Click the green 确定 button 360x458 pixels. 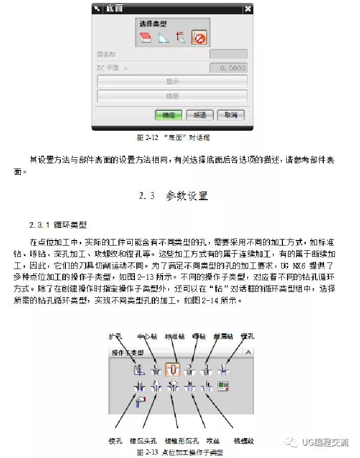tap(169, 115)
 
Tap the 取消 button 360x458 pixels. tap(231, 115)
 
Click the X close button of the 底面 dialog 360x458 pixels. tap(248, 9)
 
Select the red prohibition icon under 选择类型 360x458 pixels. tap(199, 37)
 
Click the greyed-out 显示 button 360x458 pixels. tap(172, 81)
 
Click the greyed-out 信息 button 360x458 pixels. tap(172, 96)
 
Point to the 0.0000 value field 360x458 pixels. tap(228, 68)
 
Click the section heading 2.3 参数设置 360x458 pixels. tap(173, 196)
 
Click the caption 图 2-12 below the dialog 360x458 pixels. tap(173, 137)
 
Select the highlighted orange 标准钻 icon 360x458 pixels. tap(173, 369)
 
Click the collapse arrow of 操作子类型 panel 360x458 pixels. tap(248, 352)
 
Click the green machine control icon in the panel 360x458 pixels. tap(223, 387)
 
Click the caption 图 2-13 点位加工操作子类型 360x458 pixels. tap(180, 452)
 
